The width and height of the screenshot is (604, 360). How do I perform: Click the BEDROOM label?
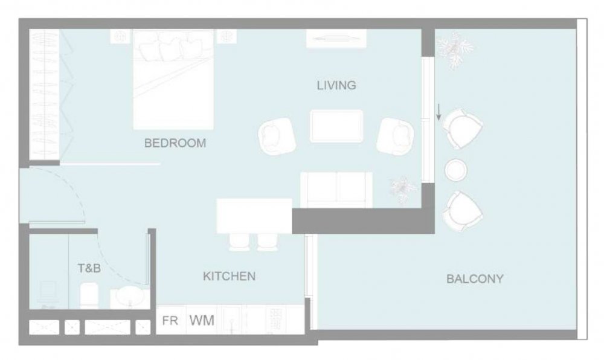pos(175,143)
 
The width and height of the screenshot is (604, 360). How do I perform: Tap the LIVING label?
pos(336,85)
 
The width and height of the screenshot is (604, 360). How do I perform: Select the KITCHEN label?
pos(229,276)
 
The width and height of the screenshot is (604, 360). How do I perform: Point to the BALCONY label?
pos(475,278)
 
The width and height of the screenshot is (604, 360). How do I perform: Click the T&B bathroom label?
pos(89,268)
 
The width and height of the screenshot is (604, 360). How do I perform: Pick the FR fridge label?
pos(170,320)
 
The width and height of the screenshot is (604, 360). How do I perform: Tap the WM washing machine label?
pos(202,320)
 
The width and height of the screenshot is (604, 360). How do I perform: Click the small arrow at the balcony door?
pos(439,112)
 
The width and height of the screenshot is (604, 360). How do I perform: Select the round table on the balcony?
pos(456,170)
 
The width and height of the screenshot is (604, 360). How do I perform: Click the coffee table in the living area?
pos(336,126)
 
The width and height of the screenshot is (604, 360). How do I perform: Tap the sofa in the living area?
pos(336,190)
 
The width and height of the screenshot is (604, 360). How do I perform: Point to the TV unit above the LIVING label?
pos(336,39)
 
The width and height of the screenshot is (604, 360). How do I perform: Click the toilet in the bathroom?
pos(89,295)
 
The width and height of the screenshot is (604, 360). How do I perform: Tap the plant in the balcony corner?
pos(455,50)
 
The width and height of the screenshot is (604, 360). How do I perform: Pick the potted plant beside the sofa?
pos(403,189)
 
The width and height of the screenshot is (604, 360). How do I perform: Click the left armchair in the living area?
pos(277,137)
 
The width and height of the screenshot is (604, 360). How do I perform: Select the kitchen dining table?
pos(254,216)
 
